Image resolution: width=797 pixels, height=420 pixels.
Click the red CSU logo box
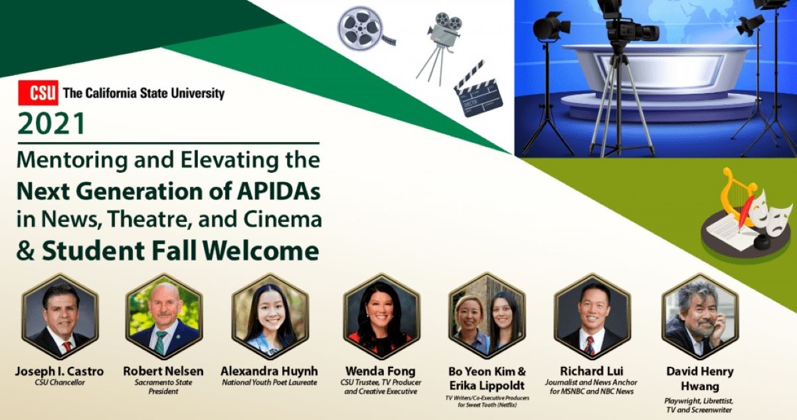(x=38, y=93)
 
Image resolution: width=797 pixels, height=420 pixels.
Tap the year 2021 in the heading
(x=52, y=124)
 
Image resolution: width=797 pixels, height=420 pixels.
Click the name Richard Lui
(x=592, y=371)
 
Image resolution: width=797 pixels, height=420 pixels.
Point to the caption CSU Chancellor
(x=60, y=382)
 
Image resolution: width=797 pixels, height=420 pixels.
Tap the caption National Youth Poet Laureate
(x=269, y=382)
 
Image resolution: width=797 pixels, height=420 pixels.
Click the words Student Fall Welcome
(x=180, y=251)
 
